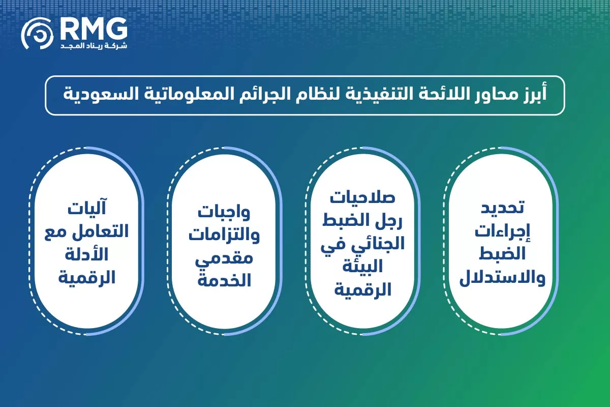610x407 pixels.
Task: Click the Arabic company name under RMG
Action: [x=93, y=46]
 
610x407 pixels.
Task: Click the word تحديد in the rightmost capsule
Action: [x=503, y=209]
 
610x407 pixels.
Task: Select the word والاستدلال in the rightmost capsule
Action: [x=503, y=279]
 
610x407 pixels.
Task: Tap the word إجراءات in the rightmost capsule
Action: [x=503, y=232]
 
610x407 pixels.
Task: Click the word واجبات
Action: [x=223, y=212]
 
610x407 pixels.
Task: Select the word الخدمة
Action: [x=223, y=280]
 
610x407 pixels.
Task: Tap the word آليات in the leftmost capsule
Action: [x=86, y=209]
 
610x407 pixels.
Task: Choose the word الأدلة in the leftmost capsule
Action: [x=86, y=255]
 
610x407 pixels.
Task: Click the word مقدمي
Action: [x=223, y=258]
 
